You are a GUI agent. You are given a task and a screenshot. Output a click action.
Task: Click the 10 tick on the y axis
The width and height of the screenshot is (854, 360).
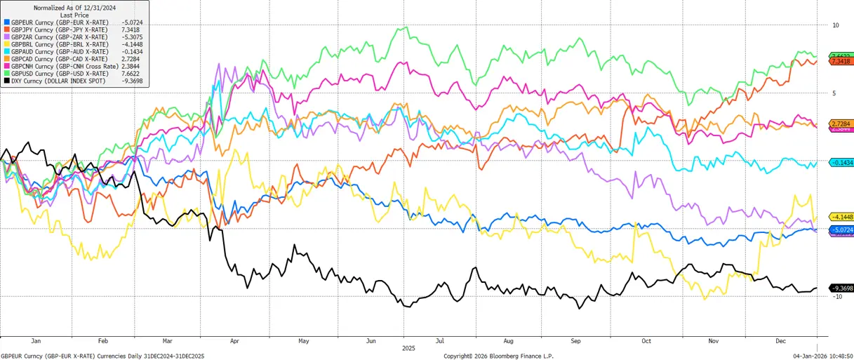[x=835, y=25]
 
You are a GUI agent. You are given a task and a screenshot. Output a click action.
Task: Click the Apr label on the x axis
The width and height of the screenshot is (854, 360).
[x=234, y=340]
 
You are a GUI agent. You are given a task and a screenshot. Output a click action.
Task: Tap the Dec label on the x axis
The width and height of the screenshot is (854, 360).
[x=780, y=340]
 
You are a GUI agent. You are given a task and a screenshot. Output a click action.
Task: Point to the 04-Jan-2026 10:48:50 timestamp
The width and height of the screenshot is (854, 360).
[x=822, y=356]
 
